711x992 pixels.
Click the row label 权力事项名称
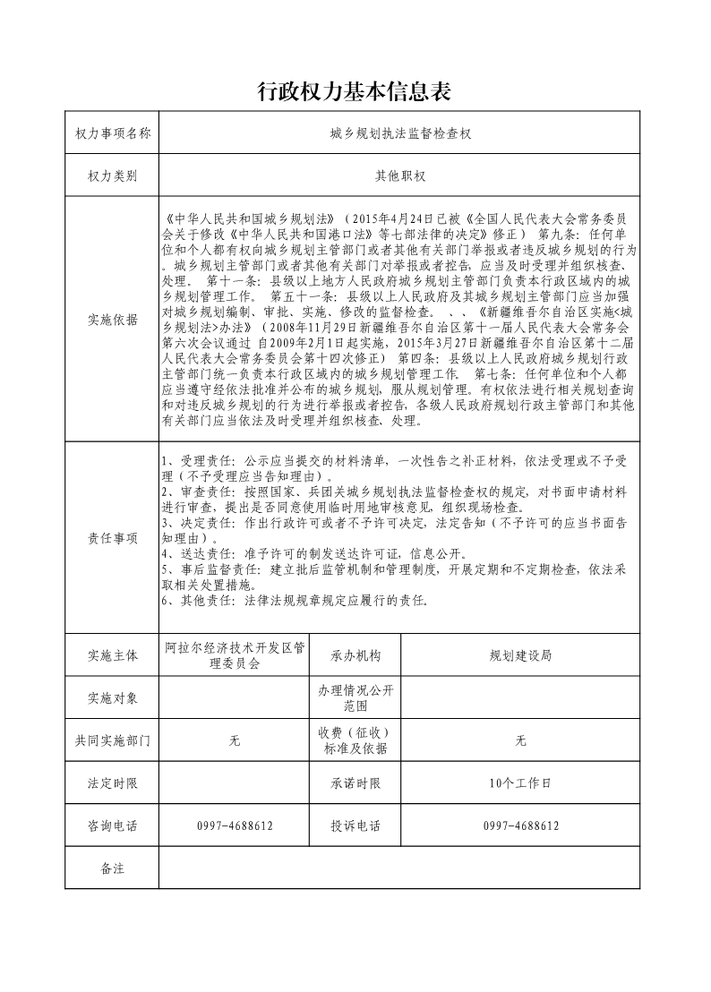coord(112,133)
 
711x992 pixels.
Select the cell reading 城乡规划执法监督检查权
coord(399,133)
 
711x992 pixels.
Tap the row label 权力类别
coord(112,176)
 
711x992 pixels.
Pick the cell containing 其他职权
coord(399,176)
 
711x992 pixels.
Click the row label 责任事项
coord(112,538)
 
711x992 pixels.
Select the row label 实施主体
coord(112,655)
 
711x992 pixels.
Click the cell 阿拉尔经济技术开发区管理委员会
coord(235,655)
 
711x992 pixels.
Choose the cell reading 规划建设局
coord(520,655)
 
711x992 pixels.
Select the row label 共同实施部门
coord(112,740)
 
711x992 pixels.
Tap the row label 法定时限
coord(112,783)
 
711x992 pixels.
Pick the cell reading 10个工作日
coord(520,783)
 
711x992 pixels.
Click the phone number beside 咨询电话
coord(235,825)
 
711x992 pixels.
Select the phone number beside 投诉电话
coord(520,825)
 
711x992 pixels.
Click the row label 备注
coord(112,868)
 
